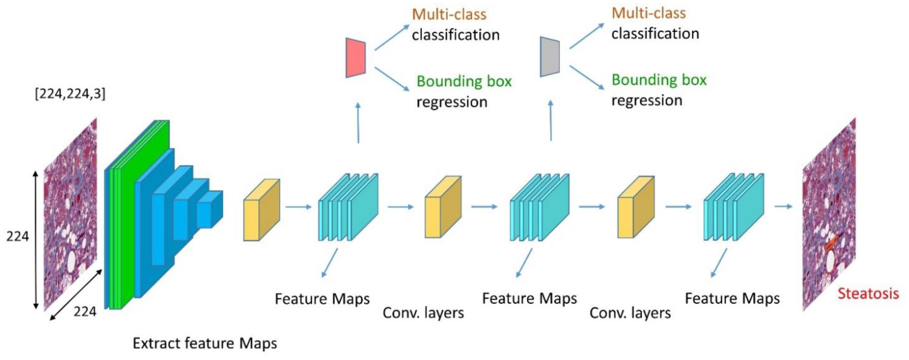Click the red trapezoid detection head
(x=356, y=58)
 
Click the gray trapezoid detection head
(x=550, y=57)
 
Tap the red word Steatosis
(x=868, y=293)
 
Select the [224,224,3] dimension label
(x=70, y=94)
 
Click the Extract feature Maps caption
(x=204, y=343)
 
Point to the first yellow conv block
(x=261, y=210)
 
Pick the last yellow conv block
(x=636, y=207)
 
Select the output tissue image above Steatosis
(x=829, y=214)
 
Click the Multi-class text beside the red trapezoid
(x=449, y=14)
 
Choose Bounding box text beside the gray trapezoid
(x=659, y=80)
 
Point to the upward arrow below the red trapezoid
(x=358, y=123)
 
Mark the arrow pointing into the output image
(x=783, y=207)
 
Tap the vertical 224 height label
(x=17, y=236)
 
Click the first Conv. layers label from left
(x=423, y=313)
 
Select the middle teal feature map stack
(x=540, y=207)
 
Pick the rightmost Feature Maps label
(x=732, y=298)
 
